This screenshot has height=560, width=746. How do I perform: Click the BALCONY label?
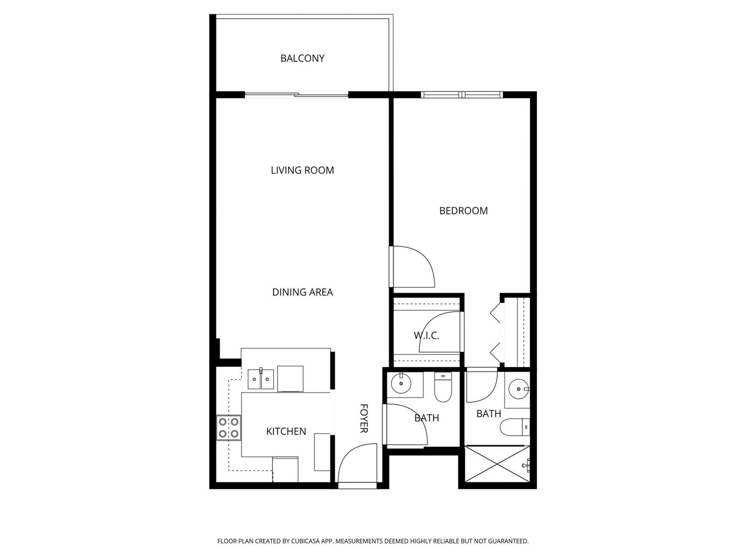point(302,58)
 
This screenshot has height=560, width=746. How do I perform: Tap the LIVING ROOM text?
point(302,170)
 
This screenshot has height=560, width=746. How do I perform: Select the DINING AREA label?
point(302,292)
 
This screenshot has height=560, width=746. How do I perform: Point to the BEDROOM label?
point(463,211)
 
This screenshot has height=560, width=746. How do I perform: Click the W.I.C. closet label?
point(426,336)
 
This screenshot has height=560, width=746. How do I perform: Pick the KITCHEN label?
point(286,431)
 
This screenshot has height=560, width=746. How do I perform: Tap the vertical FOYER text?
point(364,418)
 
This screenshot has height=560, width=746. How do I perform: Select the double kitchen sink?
point(261,379)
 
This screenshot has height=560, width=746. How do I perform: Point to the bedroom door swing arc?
point(414,268)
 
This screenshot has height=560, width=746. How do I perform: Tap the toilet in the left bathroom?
point(443,388)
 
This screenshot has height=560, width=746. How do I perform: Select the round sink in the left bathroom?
point(401,384)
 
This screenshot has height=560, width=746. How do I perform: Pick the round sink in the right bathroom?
point(518,389)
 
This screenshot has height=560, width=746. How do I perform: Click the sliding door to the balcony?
point(296,94)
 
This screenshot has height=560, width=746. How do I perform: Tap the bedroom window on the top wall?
point(462,94)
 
